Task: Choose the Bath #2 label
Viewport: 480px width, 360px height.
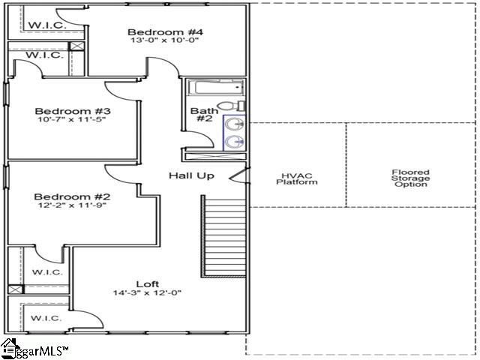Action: pyautogui.click(x=204, y=116)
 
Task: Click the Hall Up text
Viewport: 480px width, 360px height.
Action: pyautogui.click(x=191, y=175)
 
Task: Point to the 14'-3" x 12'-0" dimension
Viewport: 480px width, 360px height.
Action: pyautogui.click(x=147, y=292)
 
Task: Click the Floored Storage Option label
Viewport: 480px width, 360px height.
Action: pyautogui.click(x=410, y=178)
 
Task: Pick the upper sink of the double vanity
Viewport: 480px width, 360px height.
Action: pyautogui.click(x=234, y=123)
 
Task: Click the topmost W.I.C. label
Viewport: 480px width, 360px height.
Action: pyautogui.click(x=47, y=25)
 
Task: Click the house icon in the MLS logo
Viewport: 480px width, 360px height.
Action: pyautogui.click(x=9, y=347)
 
